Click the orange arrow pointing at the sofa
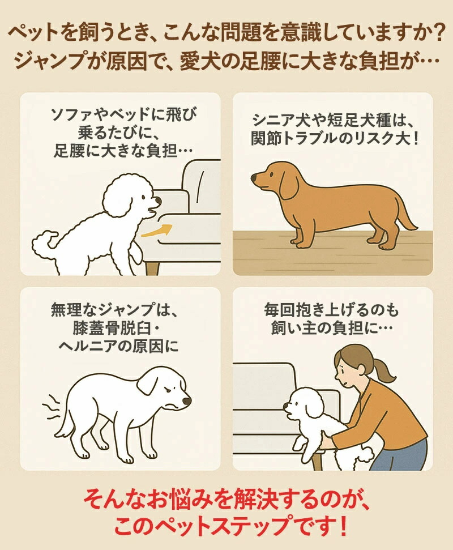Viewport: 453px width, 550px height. pyautogui.click(x=157, y=229)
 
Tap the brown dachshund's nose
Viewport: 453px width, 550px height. pyautogui.click(x=254, y=177)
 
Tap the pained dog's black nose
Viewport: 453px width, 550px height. pyautogui.click(x=186, y=400)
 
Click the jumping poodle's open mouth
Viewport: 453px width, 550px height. pyautogui.click(x=152, y=211)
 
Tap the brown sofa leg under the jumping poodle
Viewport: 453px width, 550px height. pyautogui.click(x=153, y=267)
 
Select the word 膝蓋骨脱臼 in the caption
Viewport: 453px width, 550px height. pyautogui.click(x=112, y=329)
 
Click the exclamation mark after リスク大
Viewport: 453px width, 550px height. pyautogui.click(x=416, y=139)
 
